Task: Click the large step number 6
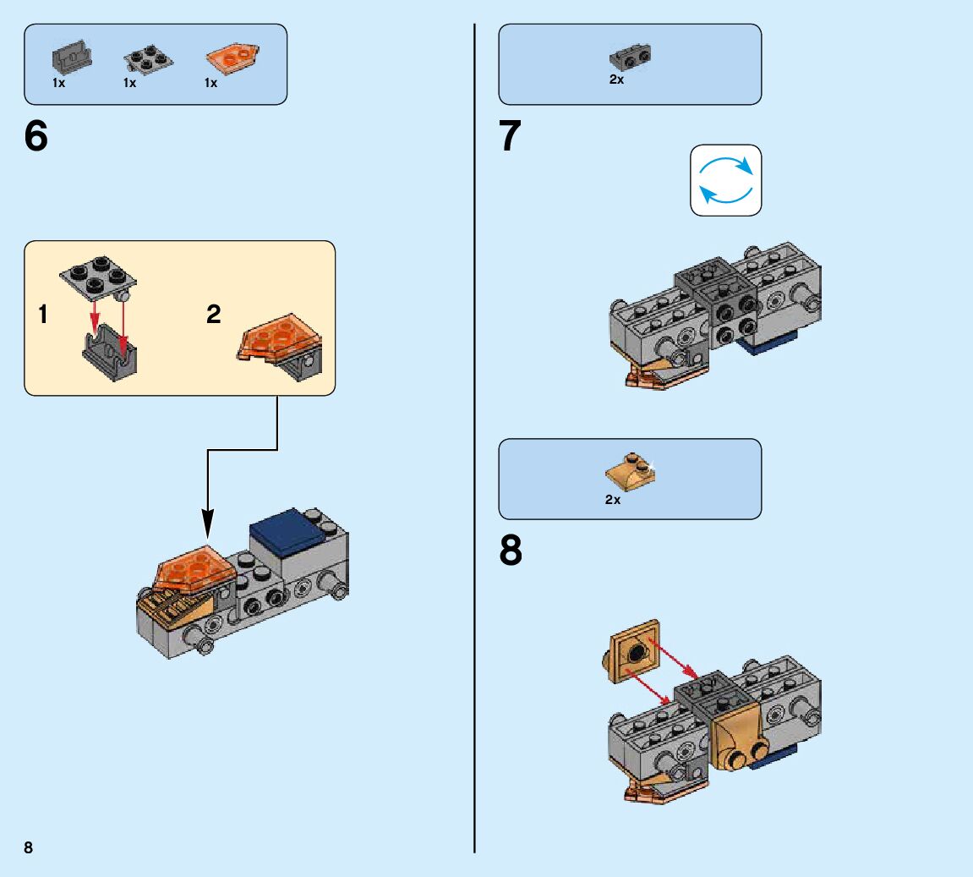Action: click(x=36, y=137)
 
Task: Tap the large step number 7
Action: click(x=510, y=137)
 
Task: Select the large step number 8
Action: click(x=511, y=551)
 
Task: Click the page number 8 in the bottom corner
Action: click(x=29, y=847)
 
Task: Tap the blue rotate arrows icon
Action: click(x=725, y=179)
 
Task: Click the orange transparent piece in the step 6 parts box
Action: click(x=232, y=58)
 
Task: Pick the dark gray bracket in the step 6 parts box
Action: click(x=71, y=58)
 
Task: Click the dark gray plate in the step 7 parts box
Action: click(x=630, y=57)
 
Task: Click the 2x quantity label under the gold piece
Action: click(x=613, y=500)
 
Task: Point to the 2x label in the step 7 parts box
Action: click(x=616, y=80)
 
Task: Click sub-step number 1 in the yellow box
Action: click(x=43, y=315)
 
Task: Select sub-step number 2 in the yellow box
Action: click(x=214, y=315)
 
